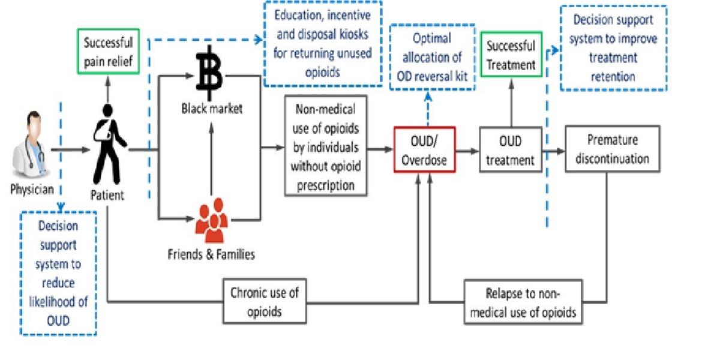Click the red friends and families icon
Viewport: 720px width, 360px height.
(x=210, y=221)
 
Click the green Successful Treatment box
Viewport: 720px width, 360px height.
(x=511, y=55)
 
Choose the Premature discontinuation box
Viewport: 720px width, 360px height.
(x=611, y=149)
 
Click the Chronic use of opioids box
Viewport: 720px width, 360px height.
(x=265, y=302)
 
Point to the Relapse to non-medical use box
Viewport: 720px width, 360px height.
(x=523, y=302)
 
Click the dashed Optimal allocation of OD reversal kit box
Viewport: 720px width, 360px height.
(x=431, y=57)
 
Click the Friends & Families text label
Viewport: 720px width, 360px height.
(x=211, y=254)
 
